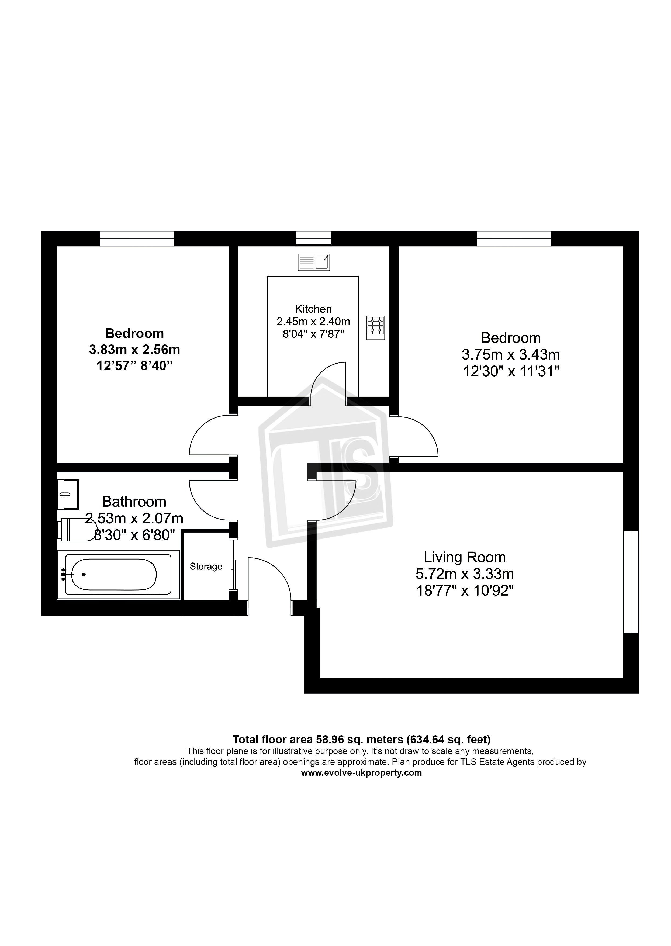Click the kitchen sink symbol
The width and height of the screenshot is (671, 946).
[314, 262]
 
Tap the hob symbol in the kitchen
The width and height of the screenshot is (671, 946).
[375, 328]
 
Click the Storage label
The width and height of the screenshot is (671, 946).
[206, 567]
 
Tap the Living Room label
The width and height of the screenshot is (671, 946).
[465, 557]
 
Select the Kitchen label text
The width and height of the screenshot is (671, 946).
[313, 309]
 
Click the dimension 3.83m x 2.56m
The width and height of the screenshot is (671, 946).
[134, 350]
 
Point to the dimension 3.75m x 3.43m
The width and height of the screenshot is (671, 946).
[511, 355]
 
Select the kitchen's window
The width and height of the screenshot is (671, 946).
[314, 239]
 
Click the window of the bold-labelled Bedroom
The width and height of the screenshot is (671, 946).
[137, 239]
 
